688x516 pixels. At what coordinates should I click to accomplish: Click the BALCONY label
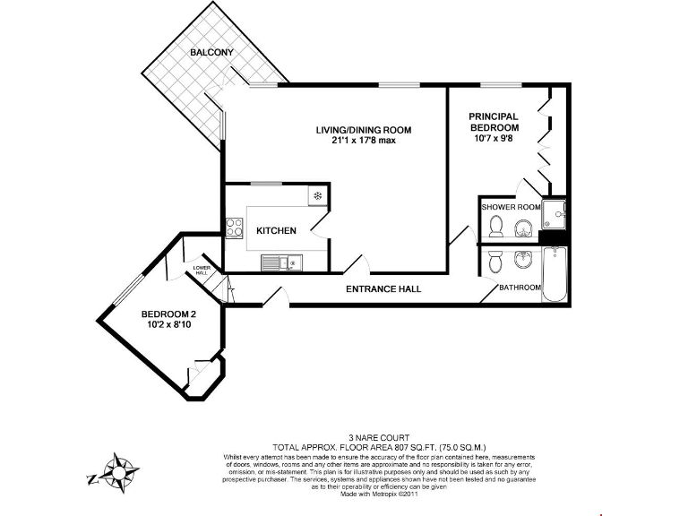(211, 53)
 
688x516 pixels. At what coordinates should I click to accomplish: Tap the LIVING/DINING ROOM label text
(364, 130)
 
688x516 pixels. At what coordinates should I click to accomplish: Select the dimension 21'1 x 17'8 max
(364, 141)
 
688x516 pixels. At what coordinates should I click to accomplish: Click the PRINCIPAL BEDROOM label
(494, 122)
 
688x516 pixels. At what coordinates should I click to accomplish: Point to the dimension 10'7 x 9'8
(494, 139)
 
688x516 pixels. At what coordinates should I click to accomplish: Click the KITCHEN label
(276, 231)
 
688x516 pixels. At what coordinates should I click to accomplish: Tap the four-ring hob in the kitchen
(235, 228)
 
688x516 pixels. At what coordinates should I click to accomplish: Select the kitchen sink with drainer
(282, 262)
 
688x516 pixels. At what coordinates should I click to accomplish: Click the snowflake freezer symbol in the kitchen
(317, 196)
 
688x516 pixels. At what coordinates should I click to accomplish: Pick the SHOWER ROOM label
(511, 207)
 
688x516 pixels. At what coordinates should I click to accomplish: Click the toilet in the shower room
(497, 228)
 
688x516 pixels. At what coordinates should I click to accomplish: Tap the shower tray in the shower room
(555, 211)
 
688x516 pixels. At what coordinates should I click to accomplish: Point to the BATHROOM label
(520, 288)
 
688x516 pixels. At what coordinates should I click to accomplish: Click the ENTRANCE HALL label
(383, 289)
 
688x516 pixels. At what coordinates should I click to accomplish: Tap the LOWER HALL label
(202, 270)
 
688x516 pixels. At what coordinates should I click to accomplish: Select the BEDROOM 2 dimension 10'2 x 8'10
(168, 325)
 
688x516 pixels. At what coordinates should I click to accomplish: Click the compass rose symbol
(118, 471)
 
